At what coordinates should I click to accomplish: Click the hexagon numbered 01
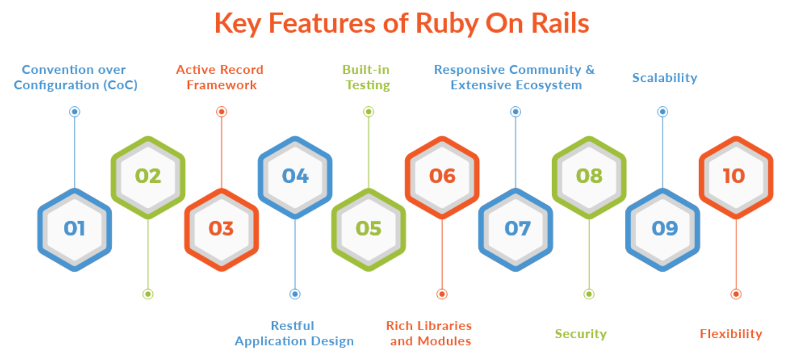click(74, 229)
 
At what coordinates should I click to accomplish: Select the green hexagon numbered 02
click(148, 176)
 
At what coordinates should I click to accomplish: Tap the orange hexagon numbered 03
click(221, 229)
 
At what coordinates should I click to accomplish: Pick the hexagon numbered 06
click(442, 176)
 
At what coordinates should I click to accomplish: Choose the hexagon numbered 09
click(663, 229)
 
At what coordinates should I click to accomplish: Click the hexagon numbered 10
click(735, 176)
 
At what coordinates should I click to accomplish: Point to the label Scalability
click(664, 78)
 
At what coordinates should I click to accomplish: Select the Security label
click(580, 334)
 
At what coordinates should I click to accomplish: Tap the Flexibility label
click(730, 334)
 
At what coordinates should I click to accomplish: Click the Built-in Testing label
click(367, 78)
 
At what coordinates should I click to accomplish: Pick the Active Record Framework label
click(220, 78)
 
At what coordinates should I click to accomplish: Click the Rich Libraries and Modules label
click(429, 333)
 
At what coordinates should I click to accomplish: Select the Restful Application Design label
click(294, 333)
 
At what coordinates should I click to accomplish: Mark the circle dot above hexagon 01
click(75, 112)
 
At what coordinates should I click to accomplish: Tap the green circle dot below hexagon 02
click(148, 294)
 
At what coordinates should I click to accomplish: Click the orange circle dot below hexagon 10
click(735, 294)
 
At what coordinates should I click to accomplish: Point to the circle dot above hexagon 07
click(515, 112)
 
